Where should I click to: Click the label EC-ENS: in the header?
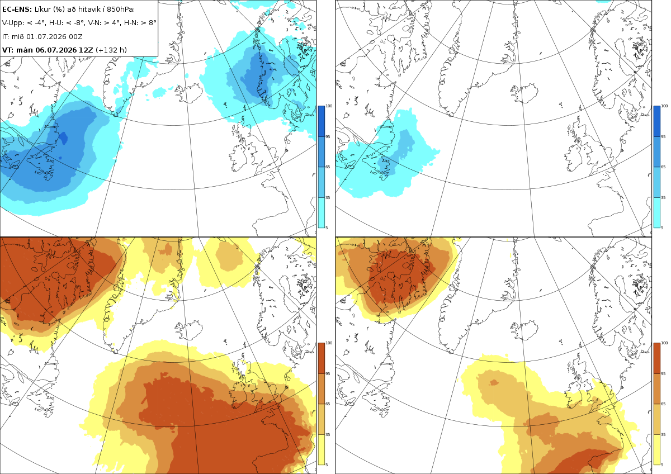pyautogui.click(x=17, y=10)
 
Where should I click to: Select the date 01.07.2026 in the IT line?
pyautogui.click(x=46, y=36)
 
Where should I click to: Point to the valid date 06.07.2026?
pyautogui.click(x=56, y=50)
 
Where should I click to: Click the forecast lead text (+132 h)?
pyautogui.click(x=111, y=50)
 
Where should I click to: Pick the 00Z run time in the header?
pyautogui.click(x=75, y=36)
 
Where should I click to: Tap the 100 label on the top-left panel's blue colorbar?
pyautogui.click(x=329, y=106)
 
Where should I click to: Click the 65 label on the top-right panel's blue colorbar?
pyautogui.click(x=663, y=167)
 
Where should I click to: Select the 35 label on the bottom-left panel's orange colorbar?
pyautogui.click(x=328, y=434)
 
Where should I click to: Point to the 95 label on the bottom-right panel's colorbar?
pyautogui.click(x=663, y=374)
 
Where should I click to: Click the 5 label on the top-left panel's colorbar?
pyautogui.click(x=327, y=227)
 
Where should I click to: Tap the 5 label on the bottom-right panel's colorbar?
pyautogui.click(x=662, y=464)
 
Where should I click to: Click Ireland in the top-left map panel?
pyautogui.click(x=240, y=157)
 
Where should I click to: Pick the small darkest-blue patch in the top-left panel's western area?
pyautogui.click(x=63, y=138)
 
